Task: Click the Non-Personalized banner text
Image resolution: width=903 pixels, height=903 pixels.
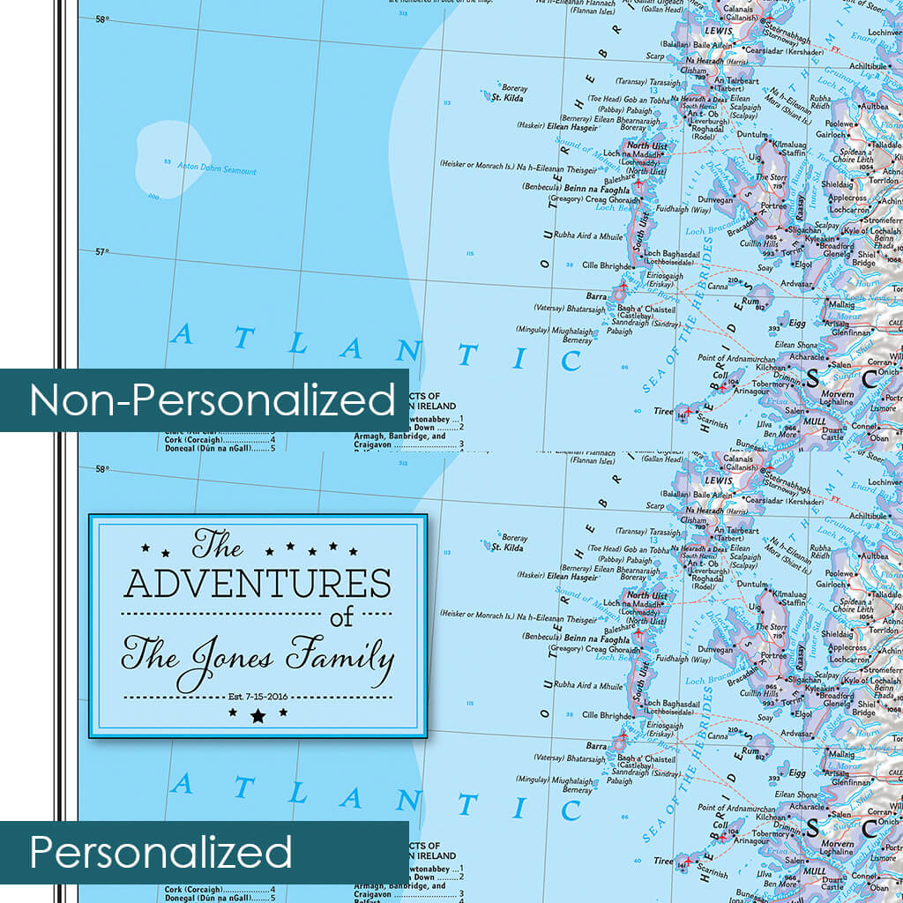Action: (213, 400)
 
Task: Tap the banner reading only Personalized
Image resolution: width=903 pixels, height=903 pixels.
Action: (160, 853)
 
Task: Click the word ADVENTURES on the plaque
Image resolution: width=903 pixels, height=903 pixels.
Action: (257, 584)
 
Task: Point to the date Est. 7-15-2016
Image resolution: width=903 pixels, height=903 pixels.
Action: (257, 696)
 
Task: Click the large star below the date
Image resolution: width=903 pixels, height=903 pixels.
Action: (257, 716)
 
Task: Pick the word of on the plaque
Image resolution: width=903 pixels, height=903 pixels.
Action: (342, 618)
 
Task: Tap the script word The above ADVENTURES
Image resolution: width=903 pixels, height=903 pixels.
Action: (217, 546)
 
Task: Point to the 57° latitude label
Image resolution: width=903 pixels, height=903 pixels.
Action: (102, 252)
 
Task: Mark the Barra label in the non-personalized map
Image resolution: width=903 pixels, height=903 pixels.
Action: (597, 297)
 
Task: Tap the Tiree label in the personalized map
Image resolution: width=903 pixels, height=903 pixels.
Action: (663, 862)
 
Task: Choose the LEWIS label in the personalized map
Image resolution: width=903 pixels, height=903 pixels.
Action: (719, 481)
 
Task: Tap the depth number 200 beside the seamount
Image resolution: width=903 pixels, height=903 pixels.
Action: (154, 197)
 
